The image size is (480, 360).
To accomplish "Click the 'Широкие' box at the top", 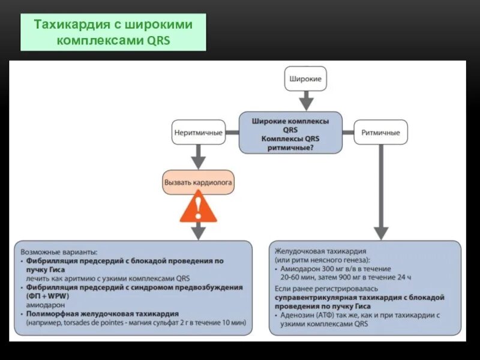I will tap(305, 79).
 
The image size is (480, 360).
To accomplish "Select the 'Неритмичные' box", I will tap(198, 132).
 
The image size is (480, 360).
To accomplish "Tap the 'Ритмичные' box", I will tap(380, 132).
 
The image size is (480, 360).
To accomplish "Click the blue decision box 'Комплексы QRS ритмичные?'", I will tap(290, 133).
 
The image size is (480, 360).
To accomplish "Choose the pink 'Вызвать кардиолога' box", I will tap(198, 181).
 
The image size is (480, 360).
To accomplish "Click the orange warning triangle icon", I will tap(198, 209).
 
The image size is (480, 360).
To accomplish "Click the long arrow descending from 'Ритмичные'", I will tap(380, 192).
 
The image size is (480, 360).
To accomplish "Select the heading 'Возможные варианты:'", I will tap(58, 252).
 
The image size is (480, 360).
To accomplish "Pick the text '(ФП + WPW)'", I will tap(46, 296).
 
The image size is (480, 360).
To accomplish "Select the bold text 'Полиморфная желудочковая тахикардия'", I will tap(103, 313).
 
